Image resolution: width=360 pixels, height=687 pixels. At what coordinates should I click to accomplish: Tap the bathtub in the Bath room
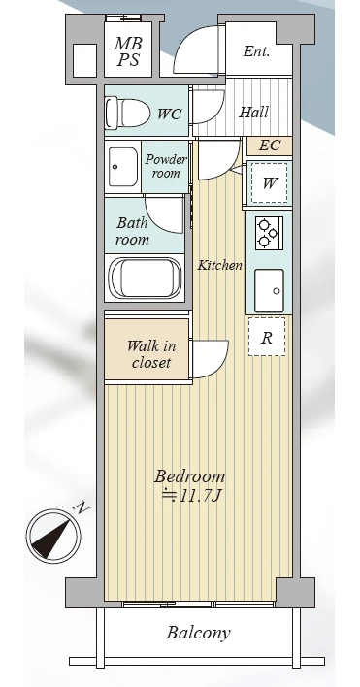point(145,278)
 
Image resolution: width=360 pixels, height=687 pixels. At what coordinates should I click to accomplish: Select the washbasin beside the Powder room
point(122,167)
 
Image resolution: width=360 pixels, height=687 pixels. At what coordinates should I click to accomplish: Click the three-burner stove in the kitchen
point(269,233)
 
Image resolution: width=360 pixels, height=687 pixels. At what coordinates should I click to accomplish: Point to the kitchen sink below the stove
point(269,290)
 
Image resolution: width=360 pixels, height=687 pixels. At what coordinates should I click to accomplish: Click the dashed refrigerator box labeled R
point(267,337)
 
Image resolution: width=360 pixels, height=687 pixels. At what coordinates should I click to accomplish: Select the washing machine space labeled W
point(269,182)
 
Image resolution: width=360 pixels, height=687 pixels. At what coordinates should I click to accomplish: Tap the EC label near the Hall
point(269,146)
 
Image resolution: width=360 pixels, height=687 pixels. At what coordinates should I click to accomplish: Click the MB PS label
point(128,51)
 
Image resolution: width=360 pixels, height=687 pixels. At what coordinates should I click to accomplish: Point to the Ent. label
point(256,51)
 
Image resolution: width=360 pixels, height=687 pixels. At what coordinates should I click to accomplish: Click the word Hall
point(253,113)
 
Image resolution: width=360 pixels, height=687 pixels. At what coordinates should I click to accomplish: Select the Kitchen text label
point(219,265)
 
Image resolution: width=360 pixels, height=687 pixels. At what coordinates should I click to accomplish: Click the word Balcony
point(198,633)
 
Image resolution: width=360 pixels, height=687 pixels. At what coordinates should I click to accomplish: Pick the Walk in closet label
point(151,354)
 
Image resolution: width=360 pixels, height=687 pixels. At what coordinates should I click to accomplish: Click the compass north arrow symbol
point(53,536)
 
